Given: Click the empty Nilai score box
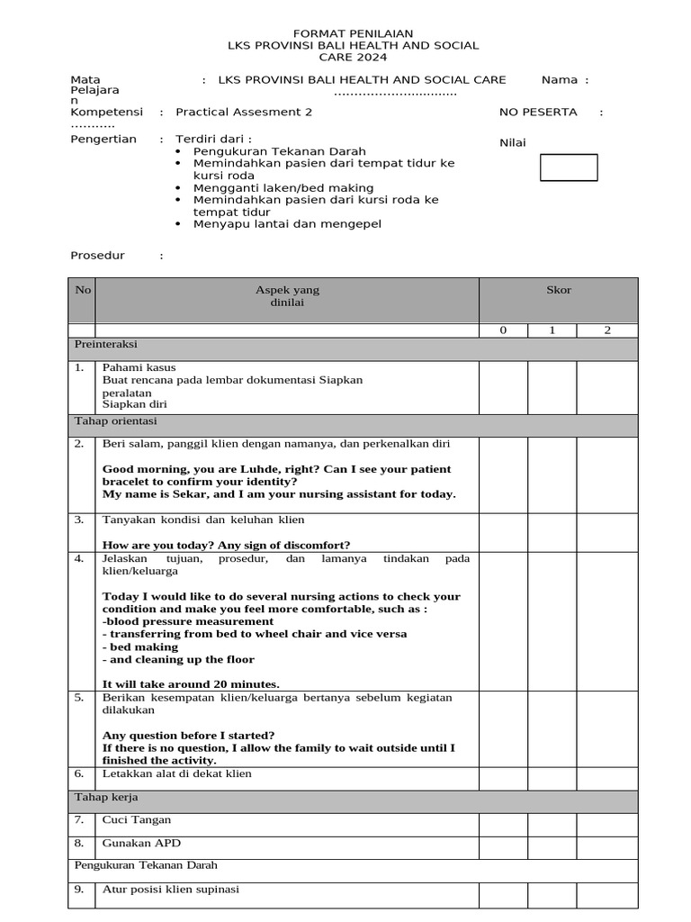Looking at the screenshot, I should coord(568,167).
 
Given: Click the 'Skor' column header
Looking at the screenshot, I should coord(558,290).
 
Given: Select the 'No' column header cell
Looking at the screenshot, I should coord(83,290).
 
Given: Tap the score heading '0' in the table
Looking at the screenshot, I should coord(504,330).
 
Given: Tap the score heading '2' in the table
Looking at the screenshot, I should coord(607,330).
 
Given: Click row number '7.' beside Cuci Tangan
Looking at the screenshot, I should coord(79,820).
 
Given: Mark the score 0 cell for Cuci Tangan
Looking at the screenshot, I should coord(503,824).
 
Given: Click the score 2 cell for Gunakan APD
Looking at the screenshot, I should coord(607,847).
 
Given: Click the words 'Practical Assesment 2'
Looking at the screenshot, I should coord(244,113).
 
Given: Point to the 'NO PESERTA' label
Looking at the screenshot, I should coord(538,113).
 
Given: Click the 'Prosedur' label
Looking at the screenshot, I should coord(97,256).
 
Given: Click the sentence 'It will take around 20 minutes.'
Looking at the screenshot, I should coord(191,683).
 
